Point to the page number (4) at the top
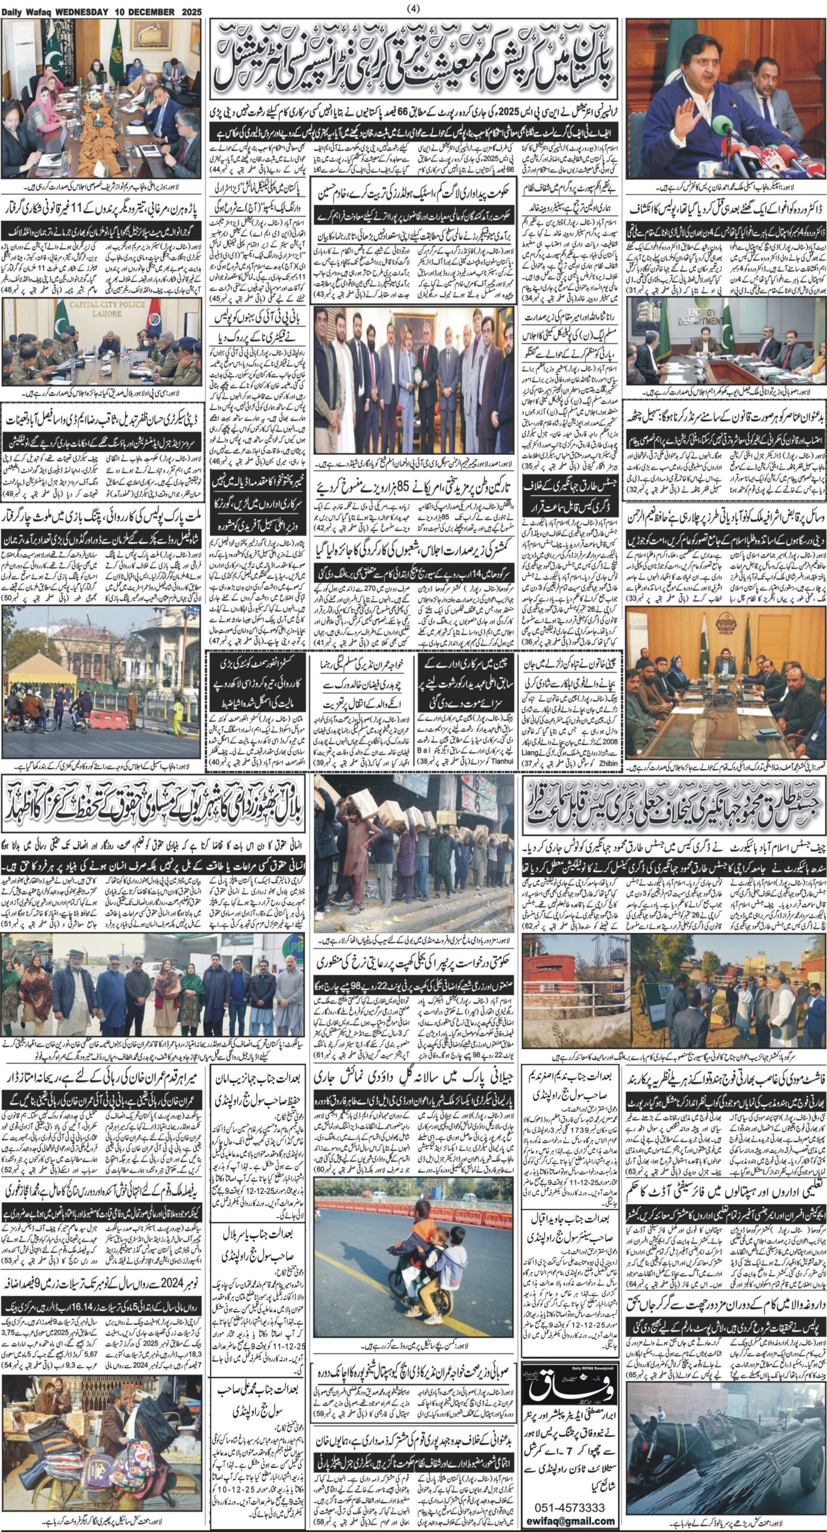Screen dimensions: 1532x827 413,8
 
